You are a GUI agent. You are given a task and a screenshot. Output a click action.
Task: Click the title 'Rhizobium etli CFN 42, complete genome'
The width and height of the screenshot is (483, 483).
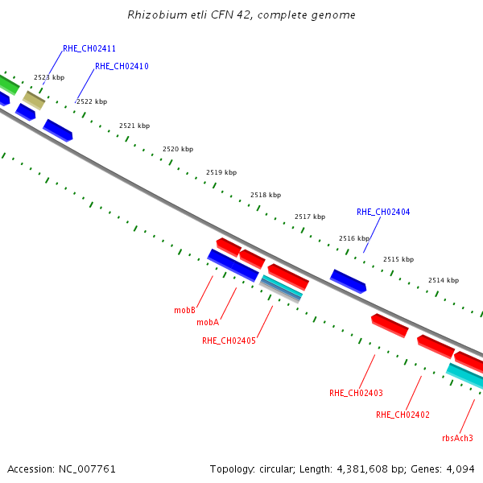(x=242, y=14)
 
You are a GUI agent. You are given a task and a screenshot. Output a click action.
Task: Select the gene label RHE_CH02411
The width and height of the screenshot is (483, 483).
(x=89, y=48)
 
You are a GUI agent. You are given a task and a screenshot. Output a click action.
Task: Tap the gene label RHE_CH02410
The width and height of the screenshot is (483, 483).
(x=122, y=66)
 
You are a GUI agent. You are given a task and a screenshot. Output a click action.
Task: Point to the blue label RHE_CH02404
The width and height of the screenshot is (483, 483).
(x=383, y=213)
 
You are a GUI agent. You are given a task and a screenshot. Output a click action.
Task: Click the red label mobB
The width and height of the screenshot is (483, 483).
(x=185, y=309)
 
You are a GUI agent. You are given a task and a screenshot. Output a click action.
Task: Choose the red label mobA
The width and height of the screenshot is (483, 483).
(x=208, y=322)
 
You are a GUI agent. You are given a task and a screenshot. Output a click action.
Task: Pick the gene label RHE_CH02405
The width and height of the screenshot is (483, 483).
(x=229, y=341)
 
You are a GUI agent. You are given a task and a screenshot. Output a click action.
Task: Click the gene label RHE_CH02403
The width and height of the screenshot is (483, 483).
(x=356, y=393)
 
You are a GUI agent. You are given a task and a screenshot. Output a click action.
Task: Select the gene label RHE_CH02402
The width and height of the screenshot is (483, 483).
(x=402, y=415)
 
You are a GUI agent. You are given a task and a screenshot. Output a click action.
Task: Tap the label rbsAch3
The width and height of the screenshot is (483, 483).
(x=457, y=438)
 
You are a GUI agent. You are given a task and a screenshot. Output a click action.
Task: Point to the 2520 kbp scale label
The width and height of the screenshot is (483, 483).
(x=178, y=149)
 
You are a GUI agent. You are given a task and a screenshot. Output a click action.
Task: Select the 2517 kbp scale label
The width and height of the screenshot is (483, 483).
(x=310, y=217)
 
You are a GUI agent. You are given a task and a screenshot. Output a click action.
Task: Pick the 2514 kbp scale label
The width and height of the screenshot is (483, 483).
(x=443, y=280)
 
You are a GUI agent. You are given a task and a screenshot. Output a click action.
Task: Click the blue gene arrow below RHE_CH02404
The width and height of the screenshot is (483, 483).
(x=348, y=281)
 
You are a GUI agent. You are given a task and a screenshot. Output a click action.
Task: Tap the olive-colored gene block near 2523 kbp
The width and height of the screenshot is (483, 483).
(x=34, y=100)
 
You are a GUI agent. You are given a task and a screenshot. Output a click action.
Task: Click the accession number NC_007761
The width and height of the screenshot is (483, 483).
(x=88, y=469)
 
